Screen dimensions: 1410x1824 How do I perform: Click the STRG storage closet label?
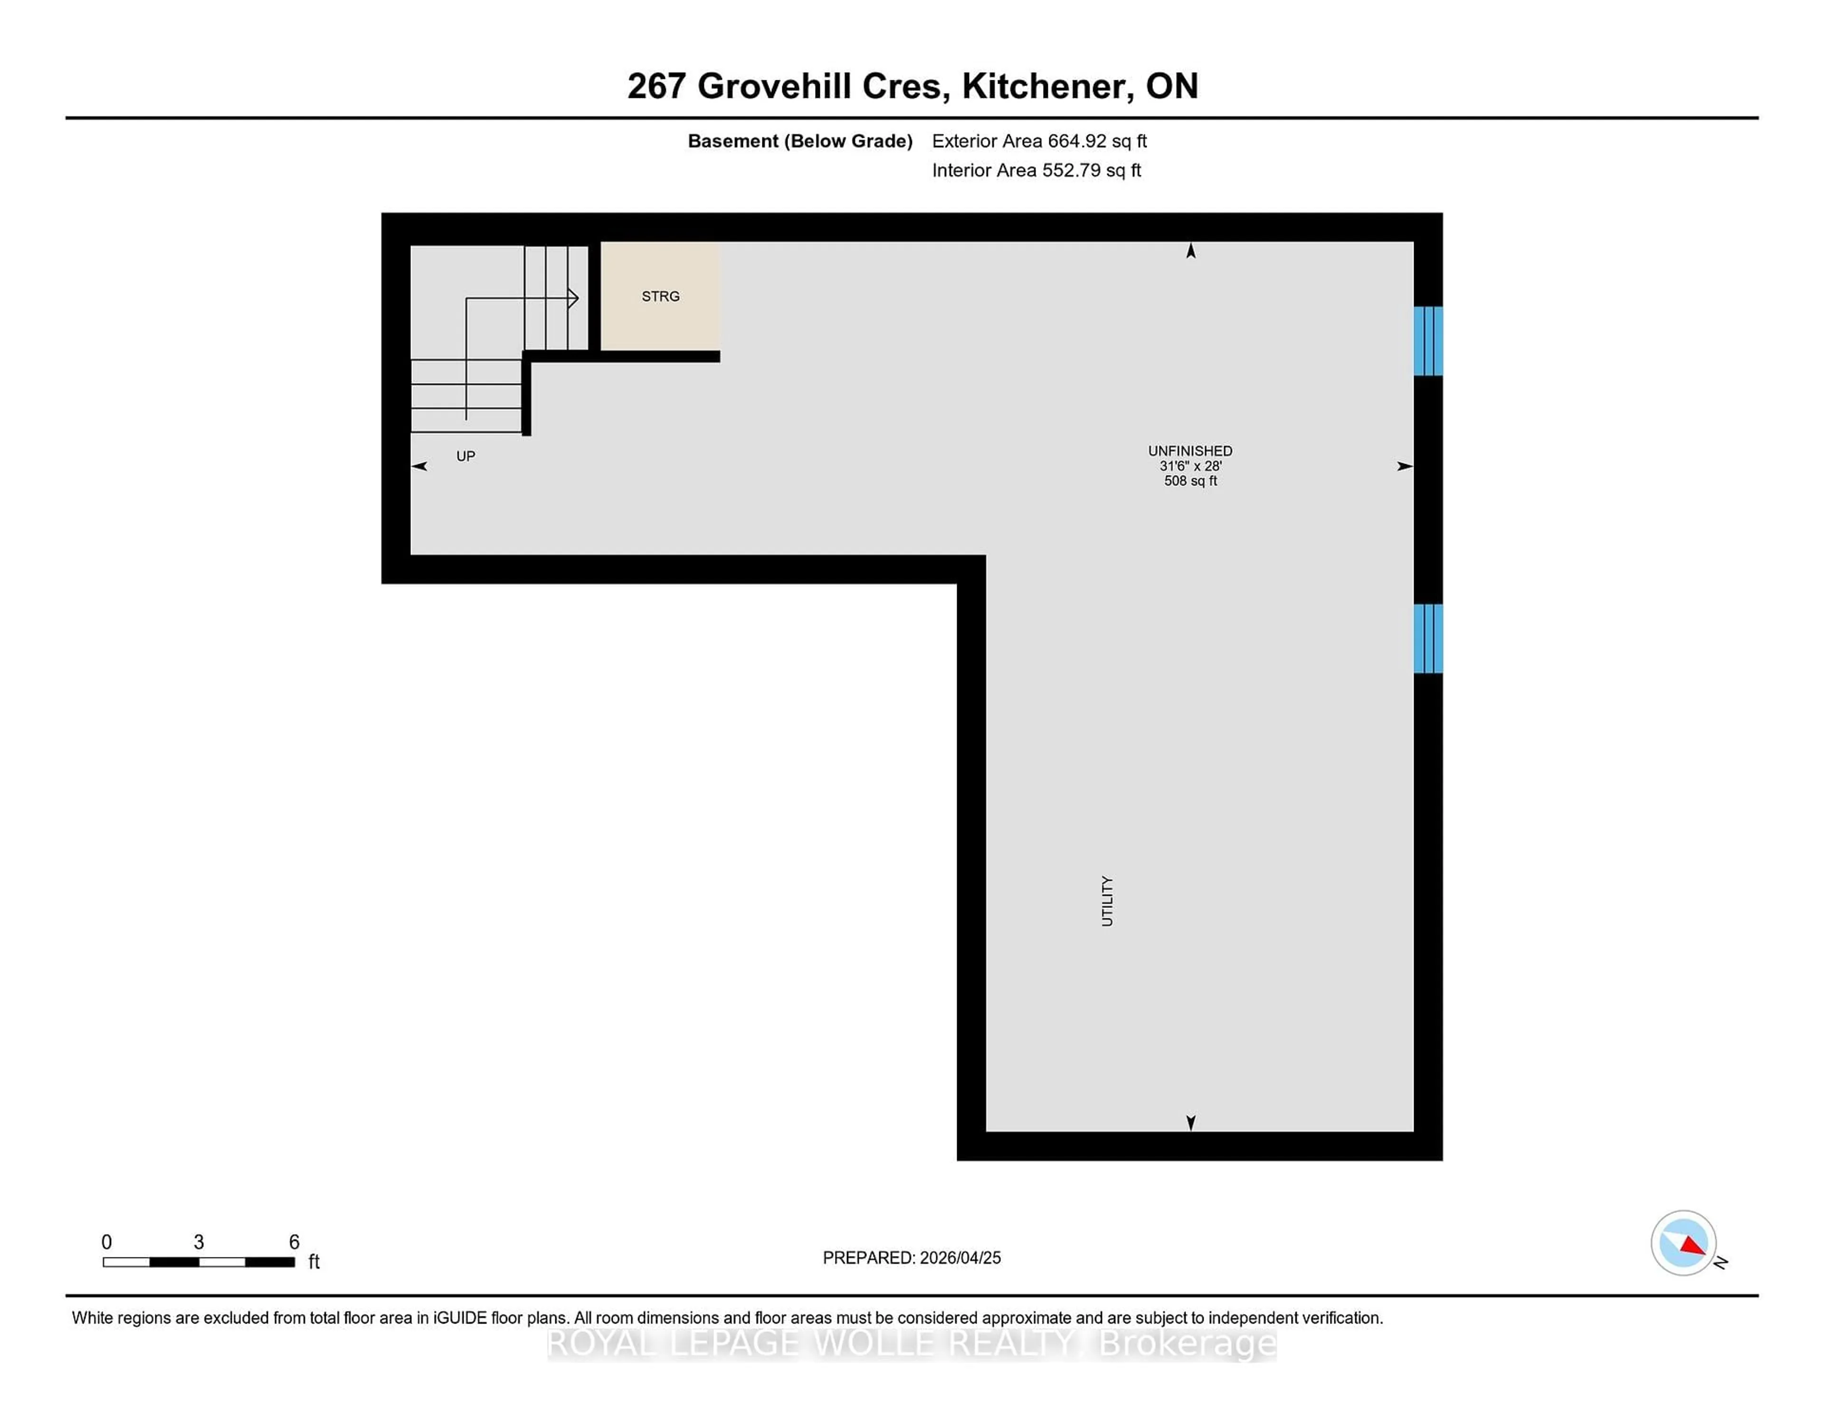point(660,296)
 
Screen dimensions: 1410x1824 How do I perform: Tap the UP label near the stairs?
point(465,456)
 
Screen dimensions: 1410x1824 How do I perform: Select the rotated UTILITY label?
point(1107,900)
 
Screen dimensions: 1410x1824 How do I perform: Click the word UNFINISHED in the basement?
point(1189,451)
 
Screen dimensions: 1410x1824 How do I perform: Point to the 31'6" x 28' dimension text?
point(1190,466)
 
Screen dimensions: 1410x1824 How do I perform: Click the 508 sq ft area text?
point(1190,481)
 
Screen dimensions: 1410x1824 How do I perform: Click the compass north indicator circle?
point(1683,1243)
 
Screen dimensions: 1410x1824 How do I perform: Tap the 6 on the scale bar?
point(294,1242)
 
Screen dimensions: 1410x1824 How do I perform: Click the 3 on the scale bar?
point(199,1242)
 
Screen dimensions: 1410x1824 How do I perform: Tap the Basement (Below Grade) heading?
point(799,141)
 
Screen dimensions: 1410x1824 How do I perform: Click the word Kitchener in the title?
point(1047,86)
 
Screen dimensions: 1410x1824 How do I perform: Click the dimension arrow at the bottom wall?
point(1191,1123)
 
